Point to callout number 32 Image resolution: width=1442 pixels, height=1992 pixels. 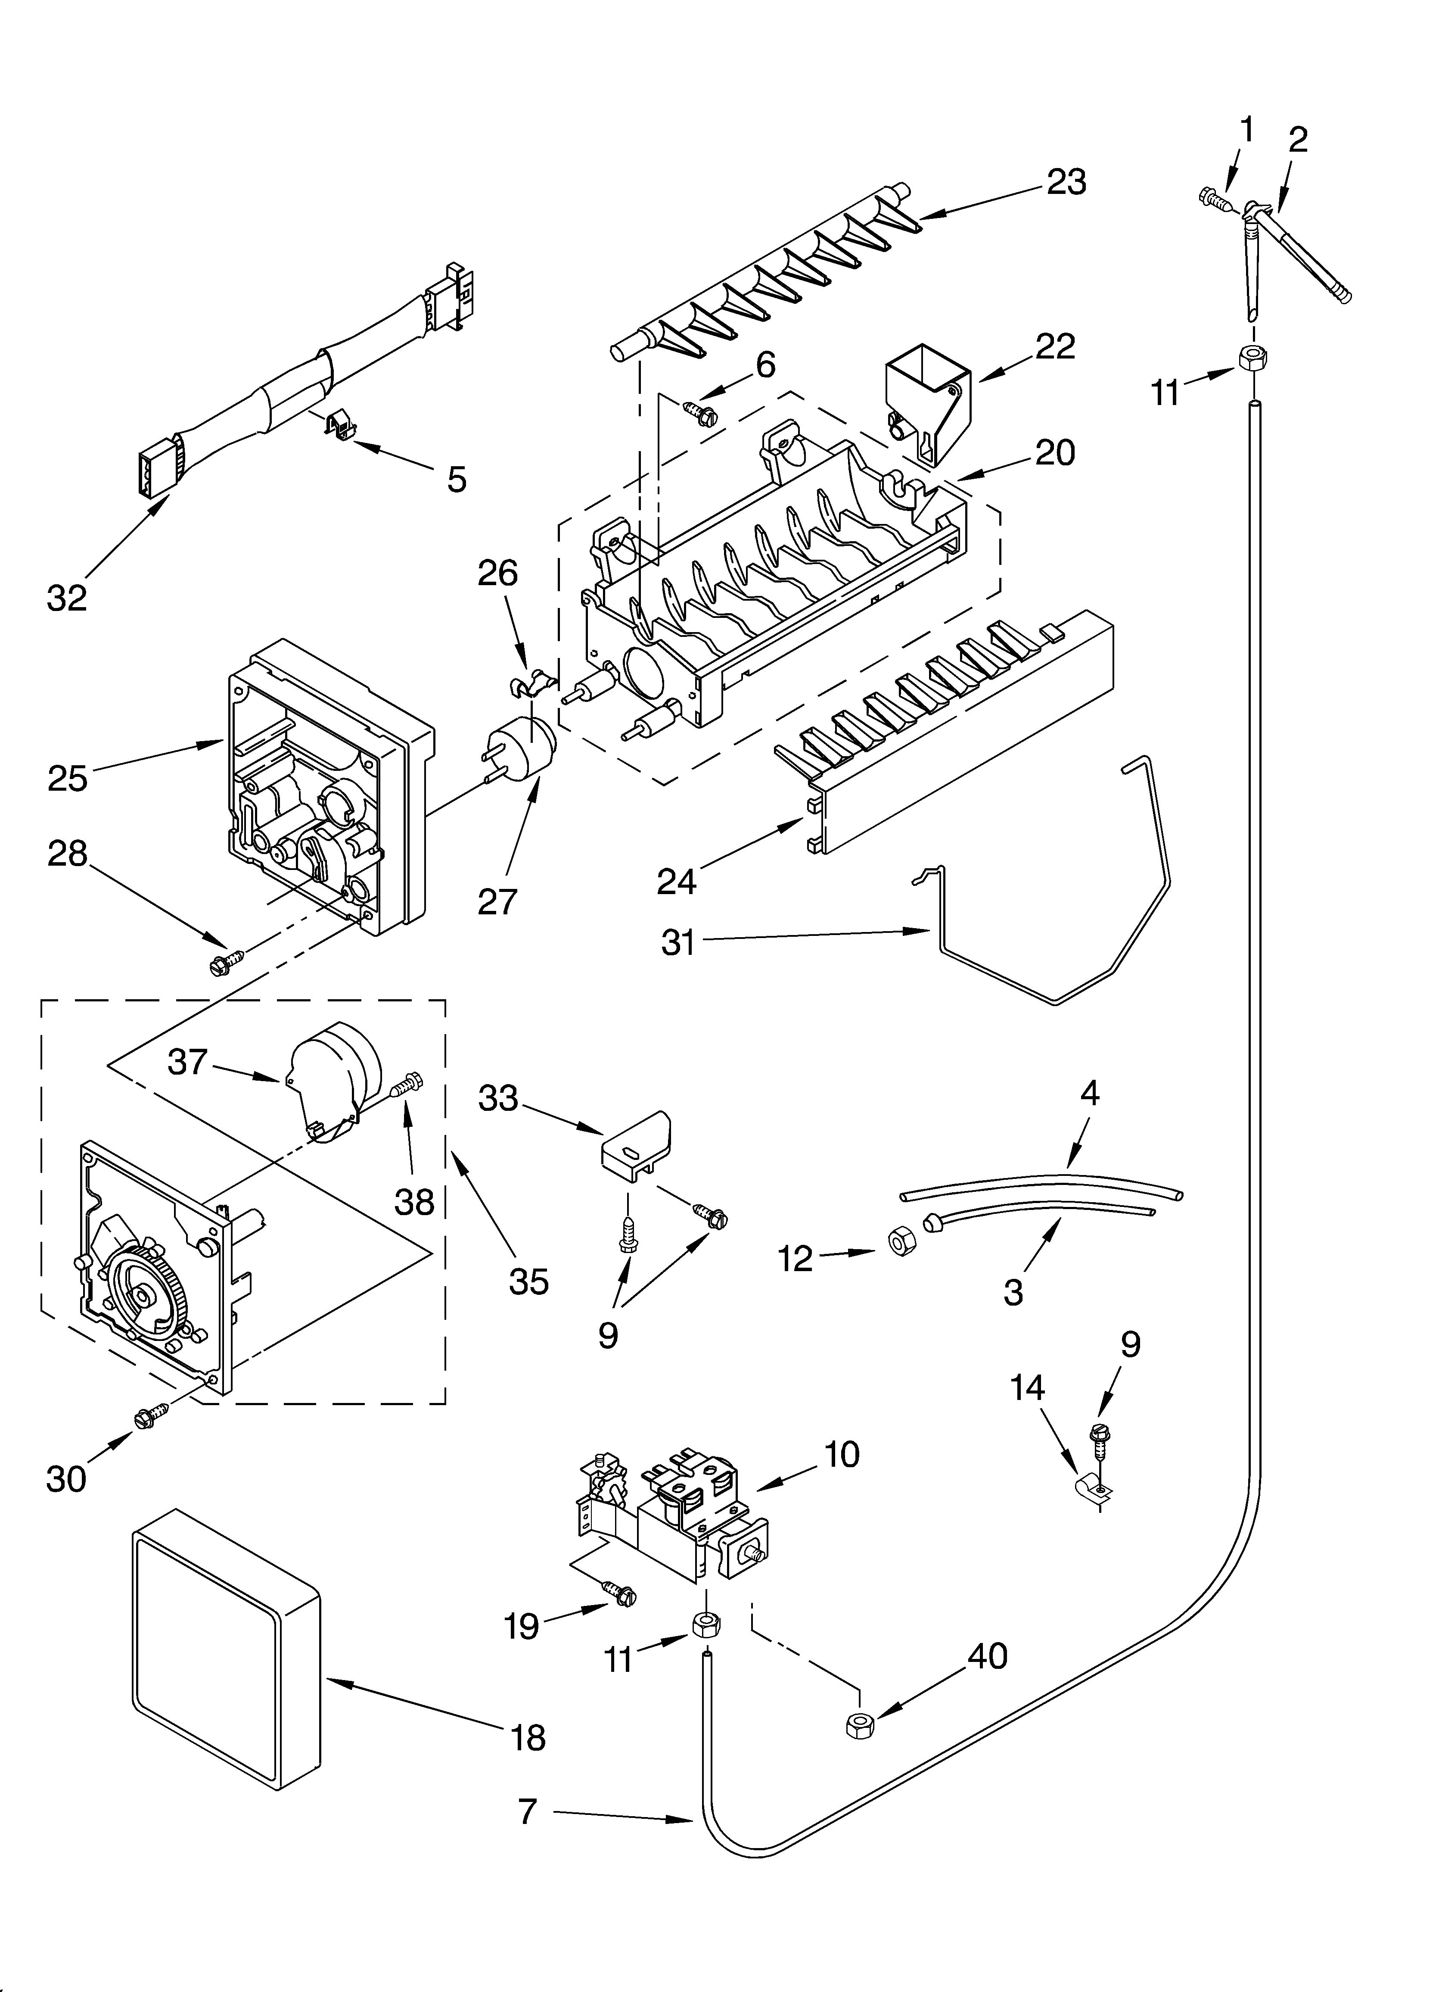coord(67,597)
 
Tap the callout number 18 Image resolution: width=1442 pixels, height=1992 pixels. coord(528,1737)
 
